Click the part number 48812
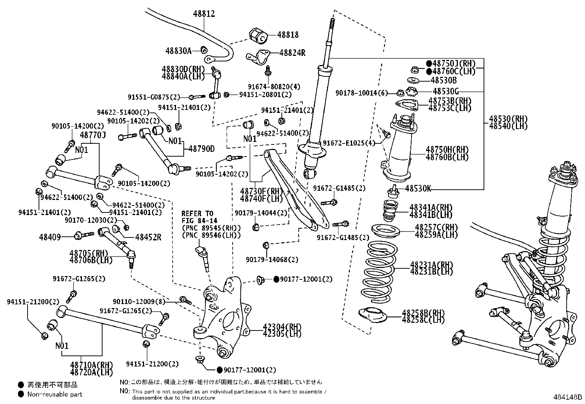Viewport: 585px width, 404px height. (204, 14)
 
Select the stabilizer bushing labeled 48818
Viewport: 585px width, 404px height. (258, 35)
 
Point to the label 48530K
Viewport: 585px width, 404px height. (418, 189)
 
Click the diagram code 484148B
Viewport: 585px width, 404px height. (568, 397)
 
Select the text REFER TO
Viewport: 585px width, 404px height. (197, 214)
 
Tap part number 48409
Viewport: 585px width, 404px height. (50, 237)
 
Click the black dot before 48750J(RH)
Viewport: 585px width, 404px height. (429, 64)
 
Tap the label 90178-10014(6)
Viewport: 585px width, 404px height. (362, 93)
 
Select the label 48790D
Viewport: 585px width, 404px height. (201, 149)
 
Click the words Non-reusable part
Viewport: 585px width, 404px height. (55, 394)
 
